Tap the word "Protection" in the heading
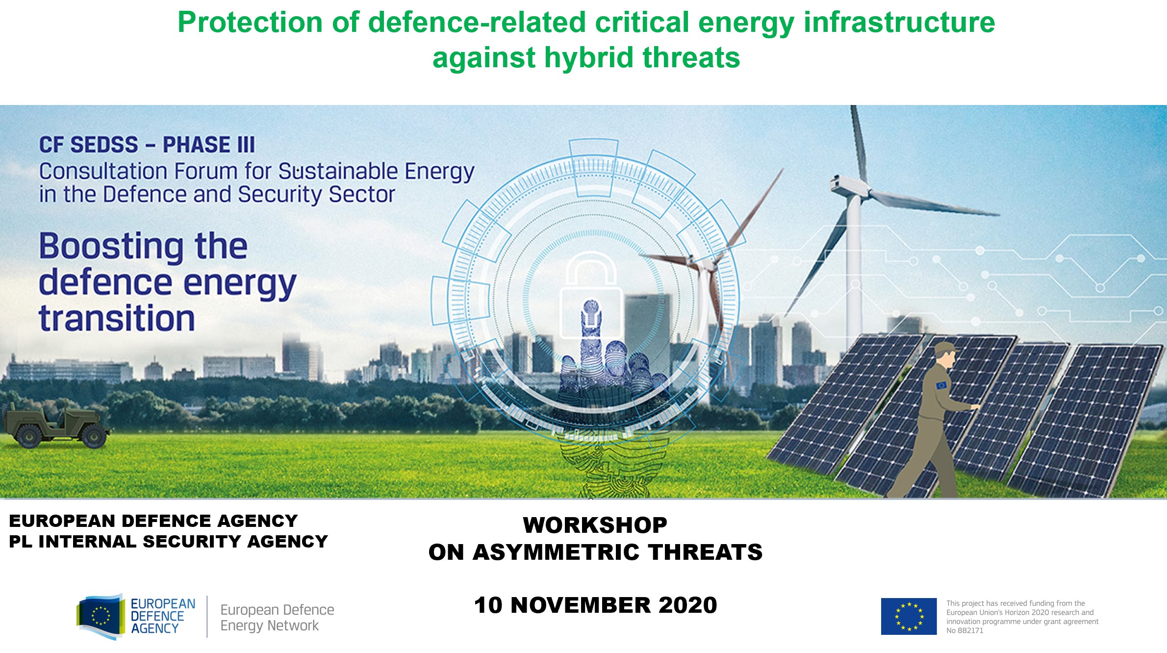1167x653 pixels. (x=250, y=23)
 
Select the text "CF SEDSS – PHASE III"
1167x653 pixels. (x=147, y=145)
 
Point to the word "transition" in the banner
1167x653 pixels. (x=117, y=318)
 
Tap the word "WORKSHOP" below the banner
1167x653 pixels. (x=595, y=525)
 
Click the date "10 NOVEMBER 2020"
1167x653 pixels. (x=595, y=605)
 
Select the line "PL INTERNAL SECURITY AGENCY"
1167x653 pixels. (x=168, y=541)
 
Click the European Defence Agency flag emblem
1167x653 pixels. (x=101, y=617)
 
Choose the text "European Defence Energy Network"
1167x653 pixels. (x=277, y=618)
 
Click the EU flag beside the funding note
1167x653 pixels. (x=909, y=616)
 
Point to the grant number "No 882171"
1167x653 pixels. (x=964, y=631)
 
